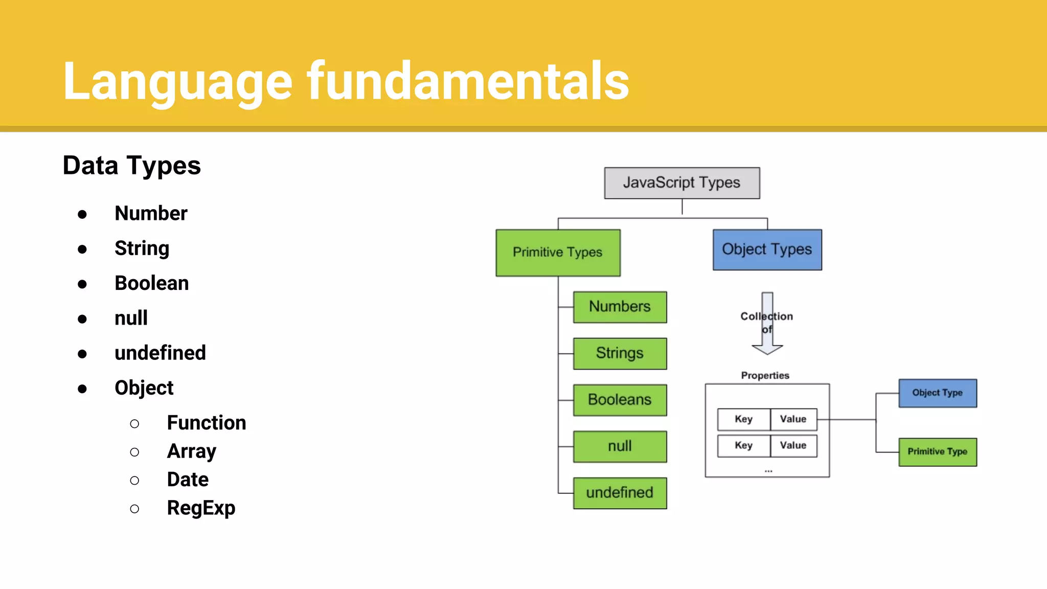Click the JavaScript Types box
pos(681,183)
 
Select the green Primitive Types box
pos(558,253)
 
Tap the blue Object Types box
pos(767,250)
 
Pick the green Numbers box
pos(620,307)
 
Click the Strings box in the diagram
pos(620,353)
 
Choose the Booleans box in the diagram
pos(620,400)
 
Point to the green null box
pos(620,446)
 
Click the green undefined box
pos(620,493)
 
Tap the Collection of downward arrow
pos(767,324)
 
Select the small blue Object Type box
pos(937,393)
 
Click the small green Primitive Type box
pos(937,452)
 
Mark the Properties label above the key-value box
pos(765,376)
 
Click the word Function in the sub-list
pos(207,423)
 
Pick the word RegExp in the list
pos(201,508)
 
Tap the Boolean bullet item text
pos(152,283)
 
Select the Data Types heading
pos(132,166)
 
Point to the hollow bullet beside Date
pos(134,481)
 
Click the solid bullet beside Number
pos(82,214)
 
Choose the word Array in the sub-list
pos(192,451)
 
